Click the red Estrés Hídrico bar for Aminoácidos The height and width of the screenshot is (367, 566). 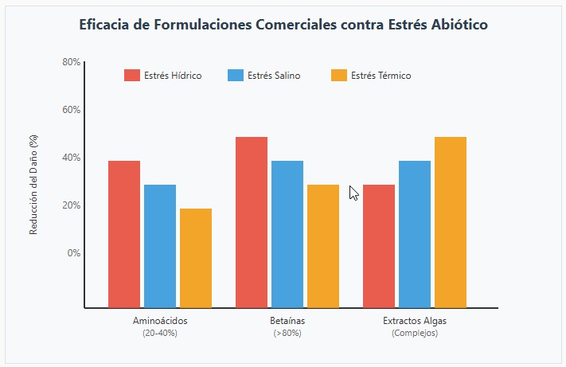click(124, 234)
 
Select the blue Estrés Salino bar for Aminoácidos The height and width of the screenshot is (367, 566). click(160, 246)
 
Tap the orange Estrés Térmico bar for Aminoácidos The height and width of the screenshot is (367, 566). click(196, 258)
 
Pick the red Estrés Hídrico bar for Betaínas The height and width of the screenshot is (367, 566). click(252, 222)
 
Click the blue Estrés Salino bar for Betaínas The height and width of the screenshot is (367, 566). click(287, 234)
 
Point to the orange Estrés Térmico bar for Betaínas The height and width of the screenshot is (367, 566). click(323, 246)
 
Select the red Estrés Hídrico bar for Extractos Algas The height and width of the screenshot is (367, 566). click(379, 246)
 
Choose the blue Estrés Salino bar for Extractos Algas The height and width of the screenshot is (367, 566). click(415, 234)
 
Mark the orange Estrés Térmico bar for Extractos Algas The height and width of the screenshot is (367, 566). click(451, 222)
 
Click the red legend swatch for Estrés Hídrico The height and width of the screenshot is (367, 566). click(132, 76)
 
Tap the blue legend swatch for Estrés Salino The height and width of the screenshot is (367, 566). click(236, 76)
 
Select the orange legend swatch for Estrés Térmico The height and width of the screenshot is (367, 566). click(338, 76)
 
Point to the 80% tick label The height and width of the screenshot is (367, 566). click(71, 62)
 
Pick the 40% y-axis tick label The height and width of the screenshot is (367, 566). click(71, 158)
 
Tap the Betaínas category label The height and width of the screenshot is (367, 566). click(287, 321)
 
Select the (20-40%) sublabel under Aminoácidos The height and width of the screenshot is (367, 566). click(160, 333)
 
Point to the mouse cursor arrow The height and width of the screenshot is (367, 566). click(353, 192)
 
